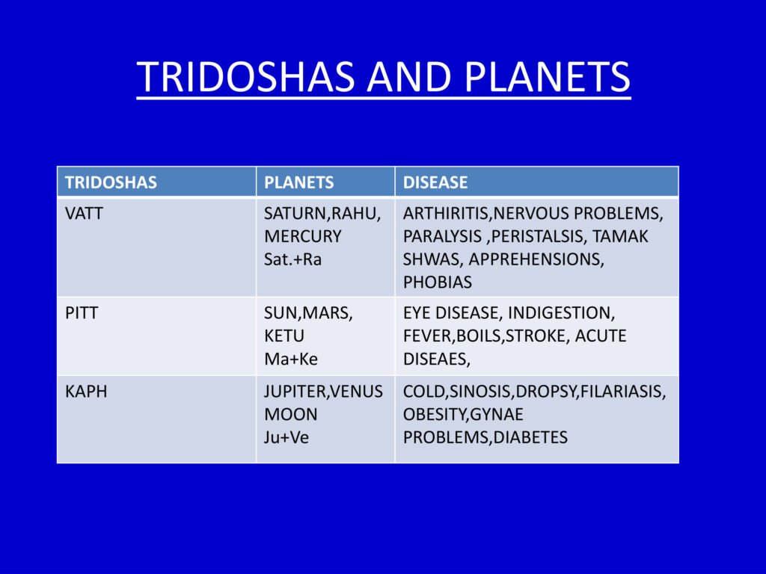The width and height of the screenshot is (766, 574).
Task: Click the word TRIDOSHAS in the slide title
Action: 245,77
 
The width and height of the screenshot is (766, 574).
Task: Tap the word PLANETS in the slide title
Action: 547,77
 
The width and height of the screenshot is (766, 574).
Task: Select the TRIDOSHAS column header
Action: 111,182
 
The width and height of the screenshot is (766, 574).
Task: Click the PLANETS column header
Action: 299,182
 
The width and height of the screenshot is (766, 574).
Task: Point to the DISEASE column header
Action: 435,182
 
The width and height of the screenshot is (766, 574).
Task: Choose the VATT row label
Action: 84,214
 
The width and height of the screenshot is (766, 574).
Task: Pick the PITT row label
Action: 82,313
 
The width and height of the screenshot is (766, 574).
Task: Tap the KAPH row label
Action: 86,392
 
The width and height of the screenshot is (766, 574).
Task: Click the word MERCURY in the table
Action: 303,237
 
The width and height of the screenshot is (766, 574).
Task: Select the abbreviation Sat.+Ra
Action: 293,259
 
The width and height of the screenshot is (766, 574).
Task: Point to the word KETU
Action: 284,336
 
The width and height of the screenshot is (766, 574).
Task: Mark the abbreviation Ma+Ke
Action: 291,359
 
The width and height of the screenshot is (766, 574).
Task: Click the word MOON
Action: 291,414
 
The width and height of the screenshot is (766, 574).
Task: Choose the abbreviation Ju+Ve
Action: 287,437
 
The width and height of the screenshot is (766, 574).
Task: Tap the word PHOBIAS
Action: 438,283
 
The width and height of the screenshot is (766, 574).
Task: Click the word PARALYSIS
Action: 442,237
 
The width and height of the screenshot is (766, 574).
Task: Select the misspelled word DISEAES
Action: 437,359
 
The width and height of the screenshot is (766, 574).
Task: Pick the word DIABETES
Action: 530,437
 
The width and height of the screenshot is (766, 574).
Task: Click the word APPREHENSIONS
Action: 536,259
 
